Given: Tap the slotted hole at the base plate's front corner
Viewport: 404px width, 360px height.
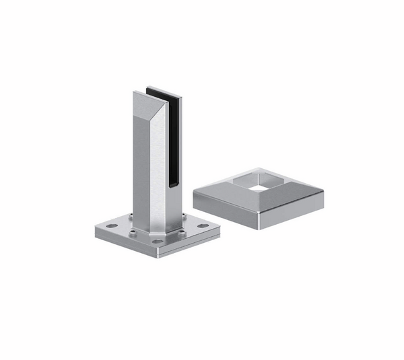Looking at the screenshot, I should point(157,241).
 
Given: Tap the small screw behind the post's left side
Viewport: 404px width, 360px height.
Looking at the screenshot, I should point(129,217).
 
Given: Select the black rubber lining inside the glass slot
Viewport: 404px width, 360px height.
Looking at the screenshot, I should point(174,135).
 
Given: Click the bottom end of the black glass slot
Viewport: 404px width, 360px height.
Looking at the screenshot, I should point(172,183).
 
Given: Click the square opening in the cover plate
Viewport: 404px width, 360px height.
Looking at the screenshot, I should point(258,182).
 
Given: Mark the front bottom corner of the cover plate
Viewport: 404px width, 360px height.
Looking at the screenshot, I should point(259,227).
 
